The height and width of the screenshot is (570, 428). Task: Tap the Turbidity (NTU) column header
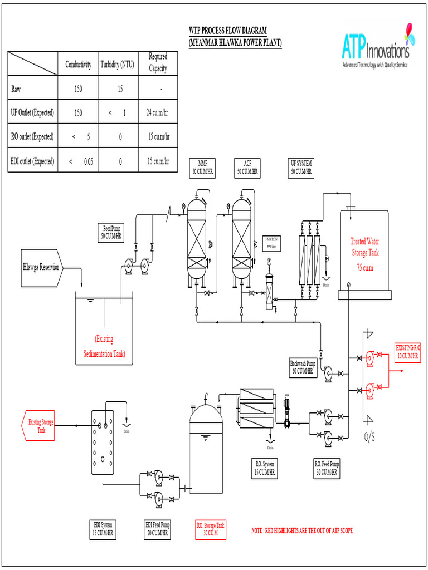pos(120,65)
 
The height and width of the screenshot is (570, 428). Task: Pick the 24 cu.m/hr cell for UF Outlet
pos(158,112)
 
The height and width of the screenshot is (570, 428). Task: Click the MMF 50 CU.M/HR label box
pos(202,168)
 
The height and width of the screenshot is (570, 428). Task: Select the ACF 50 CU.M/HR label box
pos(247,168)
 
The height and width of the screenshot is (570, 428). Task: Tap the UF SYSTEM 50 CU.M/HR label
pos(301,168)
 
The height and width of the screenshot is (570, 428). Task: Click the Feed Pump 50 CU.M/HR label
pos(111,232)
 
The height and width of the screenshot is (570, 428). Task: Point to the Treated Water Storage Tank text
pos(365,247)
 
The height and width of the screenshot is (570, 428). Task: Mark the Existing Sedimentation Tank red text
pos(104,346)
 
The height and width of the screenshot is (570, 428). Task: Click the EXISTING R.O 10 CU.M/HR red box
pos(408,352)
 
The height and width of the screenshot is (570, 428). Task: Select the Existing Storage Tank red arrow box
pos(40,426)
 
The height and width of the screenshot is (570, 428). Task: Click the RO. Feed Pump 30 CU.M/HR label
pos(327,469)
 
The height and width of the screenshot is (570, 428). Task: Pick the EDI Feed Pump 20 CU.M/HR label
pos(158,529)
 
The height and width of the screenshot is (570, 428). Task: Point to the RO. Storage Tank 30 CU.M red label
pos(211,529)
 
